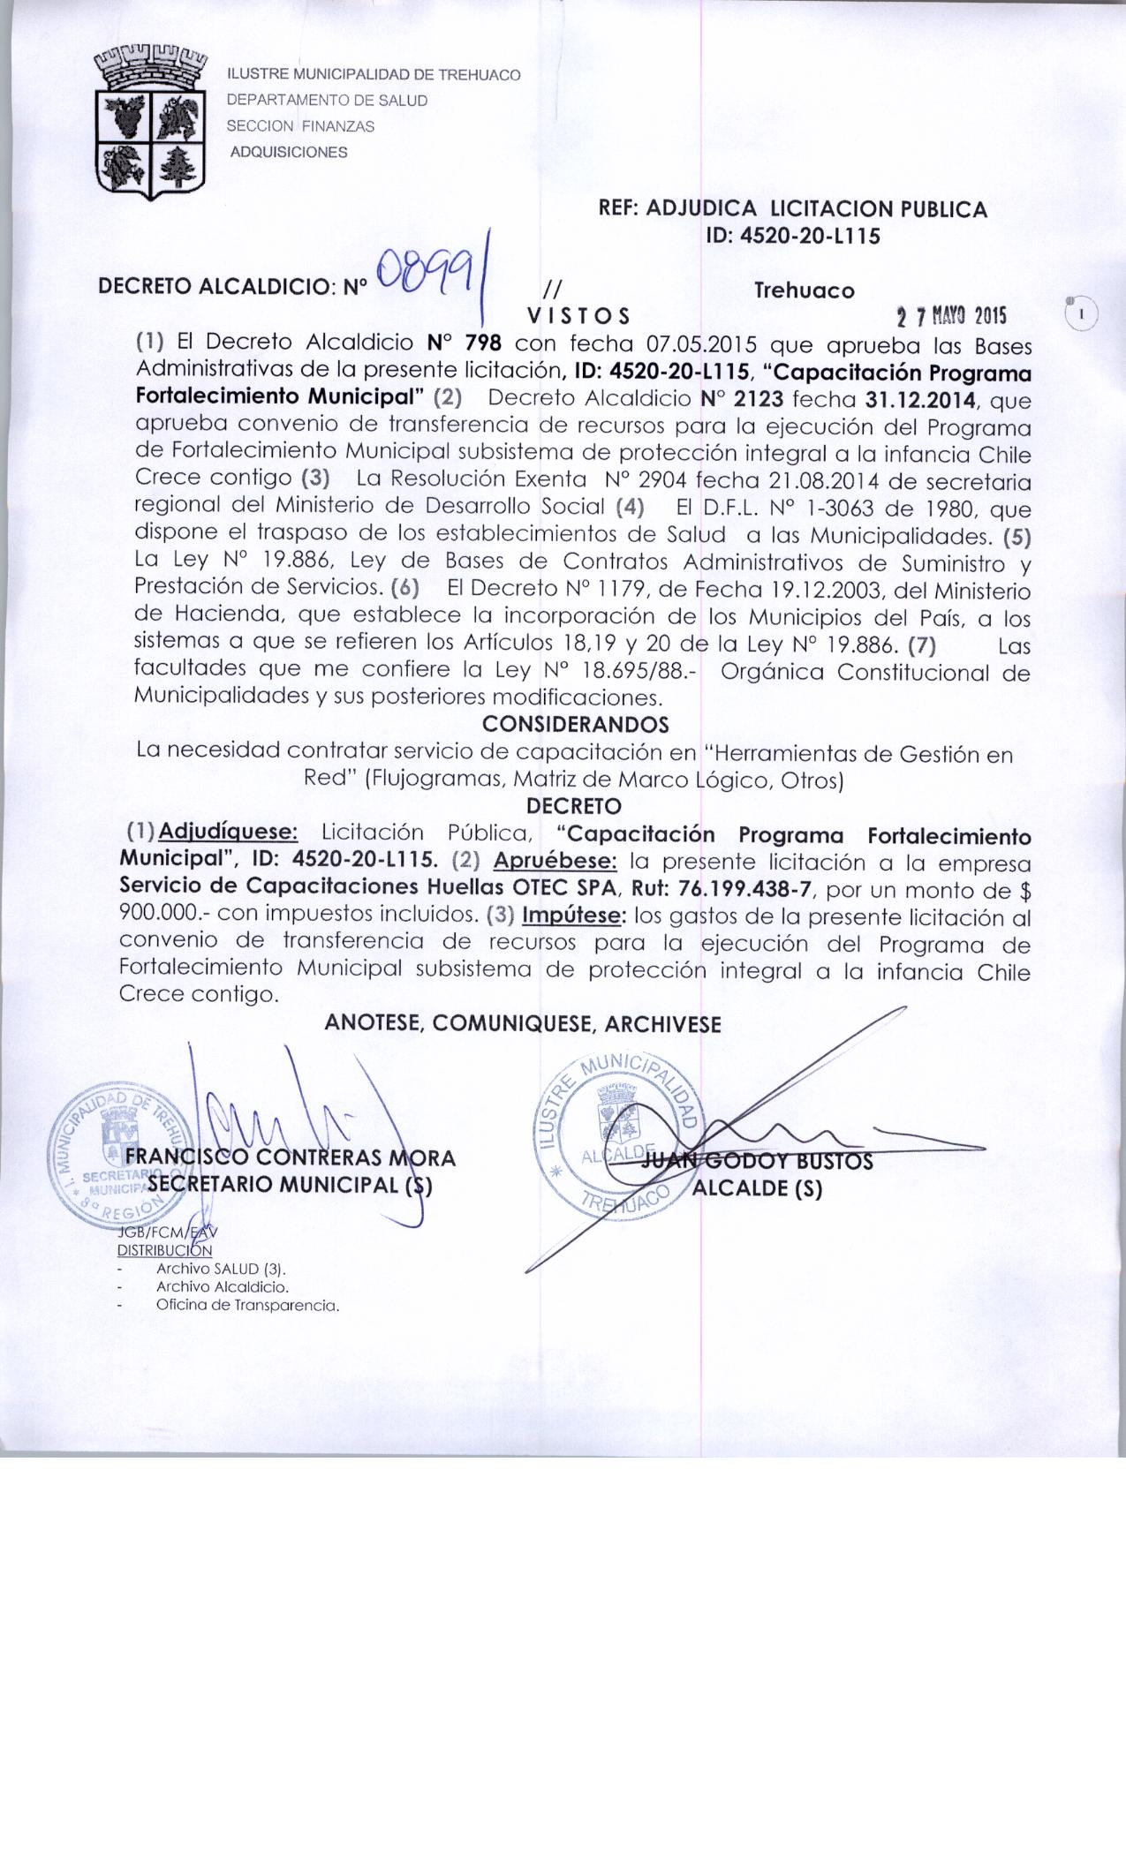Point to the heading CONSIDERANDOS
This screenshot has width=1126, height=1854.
[576, 724]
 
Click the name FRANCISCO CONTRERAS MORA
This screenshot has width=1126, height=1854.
[291, 1157]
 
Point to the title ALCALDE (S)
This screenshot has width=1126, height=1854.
[758, 1188]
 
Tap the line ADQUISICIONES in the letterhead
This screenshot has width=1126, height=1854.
[289, 152]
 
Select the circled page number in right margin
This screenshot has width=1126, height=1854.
[1081, 313]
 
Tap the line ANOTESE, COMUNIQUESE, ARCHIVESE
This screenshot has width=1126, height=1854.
[523, 1024]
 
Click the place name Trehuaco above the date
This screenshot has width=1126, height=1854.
[804, 290]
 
